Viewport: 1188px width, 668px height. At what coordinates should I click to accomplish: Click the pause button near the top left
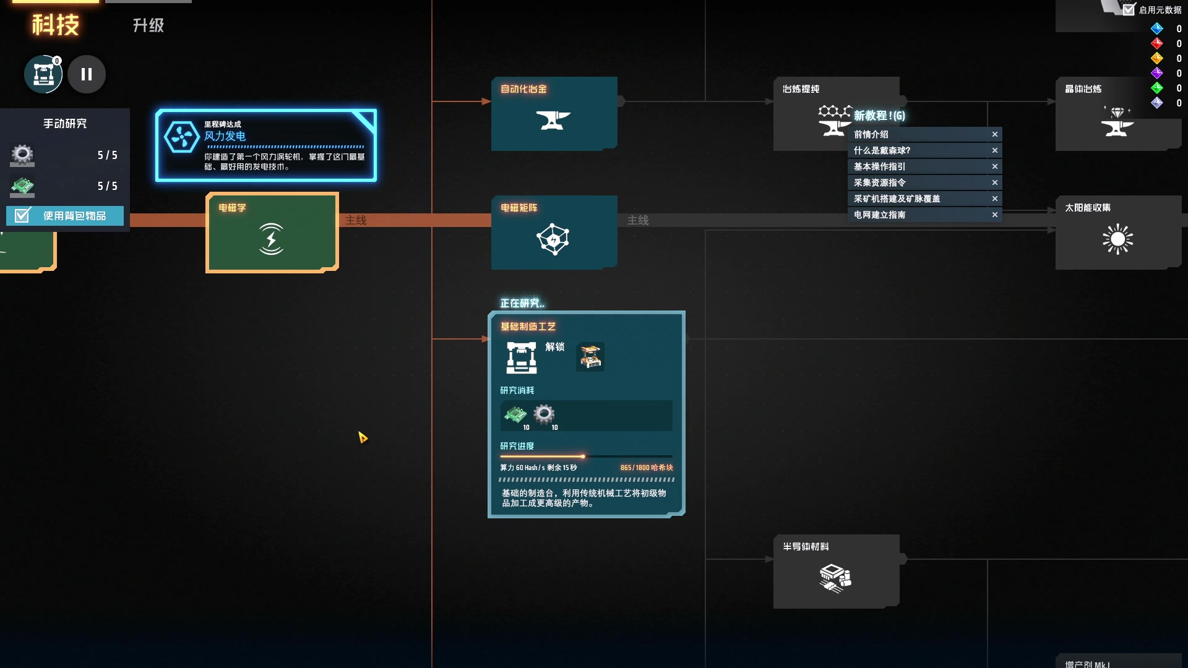click(x=87, y=74)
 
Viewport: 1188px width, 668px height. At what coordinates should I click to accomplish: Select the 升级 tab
click(x=148, y=25)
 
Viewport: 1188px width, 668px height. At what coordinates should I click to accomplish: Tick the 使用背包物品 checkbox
click(x=23, y=215)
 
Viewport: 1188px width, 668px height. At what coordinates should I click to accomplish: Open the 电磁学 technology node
click(x=272, y=233)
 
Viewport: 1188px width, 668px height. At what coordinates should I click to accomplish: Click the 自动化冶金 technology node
click(x=554, y=114)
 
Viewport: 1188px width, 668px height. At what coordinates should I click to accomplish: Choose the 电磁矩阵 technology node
click(x=554, y=233)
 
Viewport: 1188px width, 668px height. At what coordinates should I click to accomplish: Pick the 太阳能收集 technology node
click(x=1117, y=233)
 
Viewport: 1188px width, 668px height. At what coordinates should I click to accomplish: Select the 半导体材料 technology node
click(x=835, y=572)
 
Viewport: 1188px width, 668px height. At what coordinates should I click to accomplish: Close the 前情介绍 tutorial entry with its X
click(x=995, y=134)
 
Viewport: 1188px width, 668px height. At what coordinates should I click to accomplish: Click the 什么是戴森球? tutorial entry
click(x=882, y=150)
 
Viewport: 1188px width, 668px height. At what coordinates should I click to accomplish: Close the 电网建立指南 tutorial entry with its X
click(x=995, y=215)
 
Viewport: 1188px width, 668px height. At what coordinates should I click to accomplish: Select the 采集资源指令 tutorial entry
click(x=879, y=182)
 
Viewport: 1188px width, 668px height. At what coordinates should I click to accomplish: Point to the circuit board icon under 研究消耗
click(x=515, y=414)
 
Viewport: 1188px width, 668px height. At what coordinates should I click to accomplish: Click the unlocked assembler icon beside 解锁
click(x=590, y=357)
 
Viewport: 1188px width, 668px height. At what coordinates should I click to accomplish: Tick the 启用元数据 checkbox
click(x=1129, y=9)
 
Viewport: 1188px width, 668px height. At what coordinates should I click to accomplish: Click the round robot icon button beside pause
click(x=43, y=74)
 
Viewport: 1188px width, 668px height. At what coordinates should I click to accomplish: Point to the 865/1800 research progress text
click(x=646, y=468)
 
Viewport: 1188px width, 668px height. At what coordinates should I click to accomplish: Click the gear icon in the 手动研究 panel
click(x=22, y=155)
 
